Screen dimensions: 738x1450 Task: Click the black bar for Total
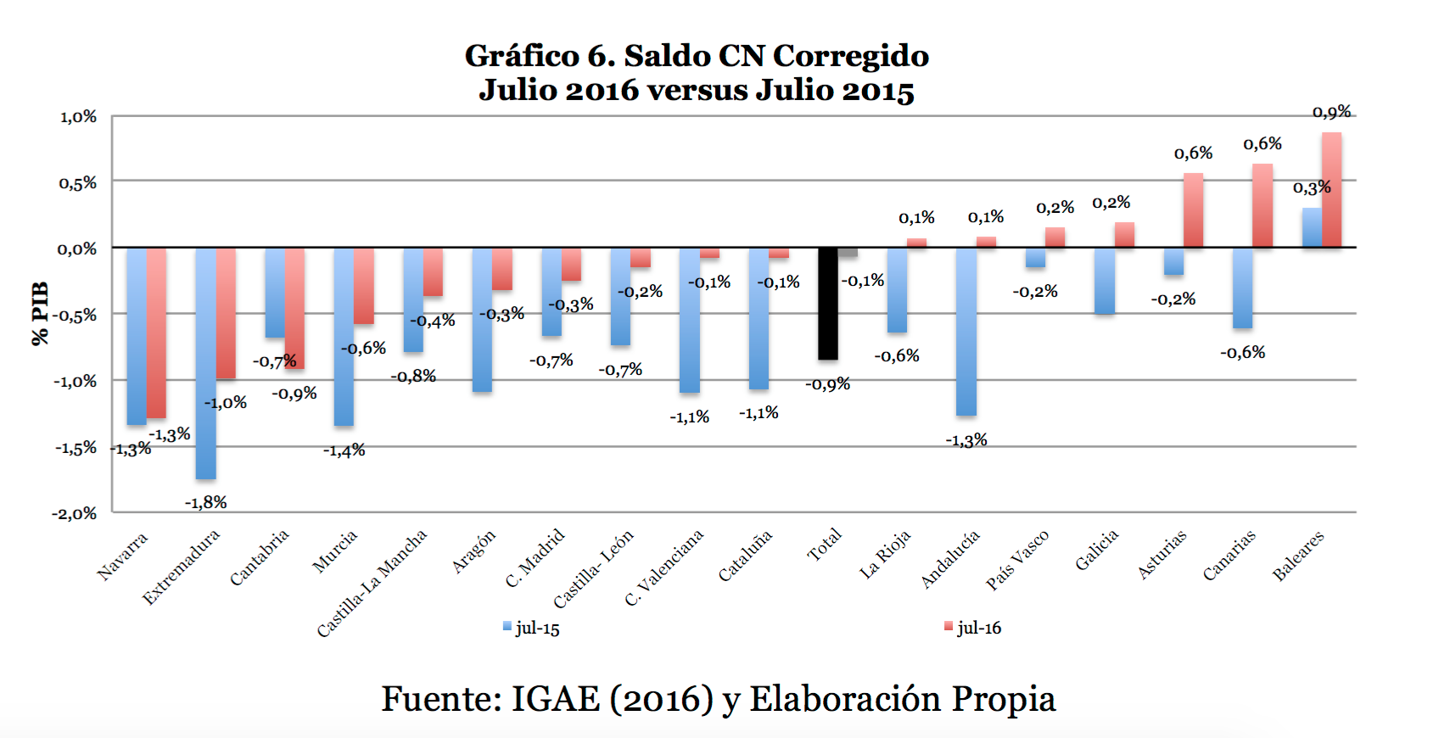tap(827, 303)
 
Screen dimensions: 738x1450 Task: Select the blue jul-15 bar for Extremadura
tap(205, 363)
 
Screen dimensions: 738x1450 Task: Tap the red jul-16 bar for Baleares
tap(1331, 190)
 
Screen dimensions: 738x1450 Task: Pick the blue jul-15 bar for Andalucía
tap(966, 331)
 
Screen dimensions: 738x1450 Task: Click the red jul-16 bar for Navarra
tap(156, 333)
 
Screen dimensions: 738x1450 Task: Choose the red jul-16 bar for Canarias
tap(1262, 205)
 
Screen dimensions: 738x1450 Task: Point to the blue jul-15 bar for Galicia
tap(1104, 281)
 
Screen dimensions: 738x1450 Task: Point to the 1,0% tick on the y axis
tap(78, 117)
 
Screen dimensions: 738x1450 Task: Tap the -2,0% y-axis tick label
tap(75, 513)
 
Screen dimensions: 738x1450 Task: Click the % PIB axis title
tap(39, 314)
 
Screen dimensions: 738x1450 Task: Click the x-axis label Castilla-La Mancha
tap(372, 583)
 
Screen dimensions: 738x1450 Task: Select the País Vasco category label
tap(1017, 560)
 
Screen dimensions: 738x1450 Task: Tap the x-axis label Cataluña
tap(745, 556)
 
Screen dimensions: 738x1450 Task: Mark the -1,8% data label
tap(206, 502)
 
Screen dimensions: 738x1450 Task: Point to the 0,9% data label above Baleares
tap(1331, 112)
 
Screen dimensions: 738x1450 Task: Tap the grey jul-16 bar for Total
tap(848, 252)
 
